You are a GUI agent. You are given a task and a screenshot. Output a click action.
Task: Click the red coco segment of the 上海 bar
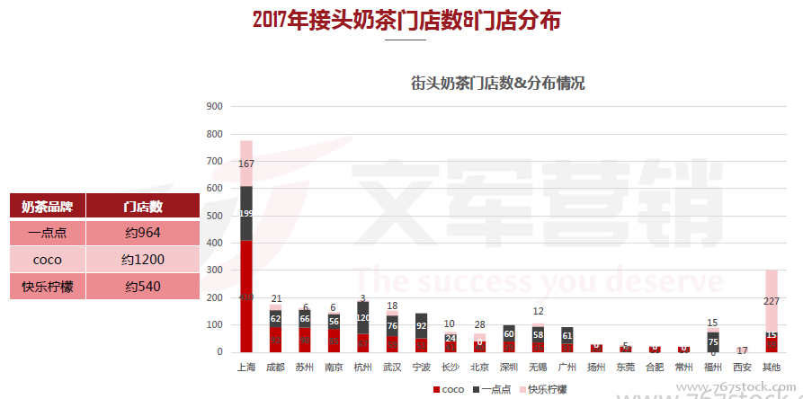click(245, 297)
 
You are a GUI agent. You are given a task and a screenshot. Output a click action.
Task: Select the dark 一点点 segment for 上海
click(245, 213)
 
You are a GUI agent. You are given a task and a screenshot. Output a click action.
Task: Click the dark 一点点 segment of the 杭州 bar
click(362, 317)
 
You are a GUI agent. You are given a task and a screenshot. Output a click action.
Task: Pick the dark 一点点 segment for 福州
click(713, 341)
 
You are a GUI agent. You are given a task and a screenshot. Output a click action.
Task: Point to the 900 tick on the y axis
click(215, 107)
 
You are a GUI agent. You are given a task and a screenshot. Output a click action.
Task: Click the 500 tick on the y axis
click(215, 216)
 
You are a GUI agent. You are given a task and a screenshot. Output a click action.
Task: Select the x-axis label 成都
click(275, 368)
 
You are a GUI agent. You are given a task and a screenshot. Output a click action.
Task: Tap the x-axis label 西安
click(743, 368)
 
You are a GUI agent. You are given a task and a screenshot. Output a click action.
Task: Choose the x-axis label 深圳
click(509, 368)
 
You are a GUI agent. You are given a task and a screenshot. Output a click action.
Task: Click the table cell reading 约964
click(143, 233)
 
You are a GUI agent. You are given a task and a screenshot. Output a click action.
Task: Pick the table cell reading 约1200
click(143, 260)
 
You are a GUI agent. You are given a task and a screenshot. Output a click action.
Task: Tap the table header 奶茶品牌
click(47, 206)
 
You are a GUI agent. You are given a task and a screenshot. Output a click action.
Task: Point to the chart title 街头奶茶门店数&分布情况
click(497, 83)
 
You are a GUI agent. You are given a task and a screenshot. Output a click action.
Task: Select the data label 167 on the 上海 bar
click(245, 164)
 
